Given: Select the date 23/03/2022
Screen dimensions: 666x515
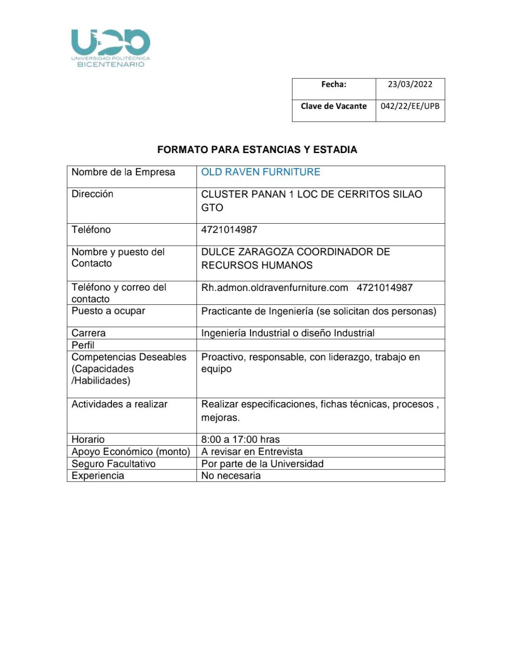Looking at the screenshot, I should (x=410, y=84).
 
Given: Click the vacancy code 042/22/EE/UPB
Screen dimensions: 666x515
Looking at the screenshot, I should (x=410, y=106).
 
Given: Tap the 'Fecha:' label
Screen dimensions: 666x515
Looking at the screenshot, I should (x=334, y=84).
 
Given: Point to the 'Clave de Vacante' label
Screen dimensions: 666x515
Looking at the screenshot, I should (x=334, y=106).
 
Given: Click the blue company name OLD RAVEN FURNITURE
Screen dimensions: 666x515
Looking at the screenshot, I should (x=260, y=172).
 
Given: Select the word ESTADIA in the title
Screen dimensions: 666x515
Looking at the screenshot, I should (x=335, y=150).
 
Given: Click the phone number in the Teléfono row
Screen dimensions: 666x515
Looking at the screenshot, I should (x=229, y=230).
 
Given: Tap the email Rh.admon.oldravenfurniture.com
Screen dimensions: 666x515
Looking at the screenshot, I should (x=274, y=288).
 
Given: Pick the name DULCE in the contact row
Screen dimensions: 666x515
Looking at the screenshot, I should (x=218, y=252).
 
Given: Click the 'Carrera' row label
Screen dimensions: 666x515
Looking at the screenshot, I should (x=89, y=333).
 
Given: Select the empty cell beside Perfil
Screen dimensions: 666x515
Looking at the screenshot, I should (x=320, y=345).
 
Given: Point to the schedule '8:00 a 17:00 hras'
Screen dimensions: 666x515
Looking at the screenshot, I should (x=240, y=440).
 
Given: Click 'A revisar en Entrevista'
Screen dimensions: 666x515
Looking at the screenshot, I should (x=252, y=452).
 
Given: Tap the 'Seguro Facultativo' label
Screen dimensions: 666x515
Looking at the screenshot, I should (x=113, y=464).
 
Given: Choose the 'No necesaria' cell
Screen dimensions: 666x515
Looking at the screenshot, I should (x=231, y=476).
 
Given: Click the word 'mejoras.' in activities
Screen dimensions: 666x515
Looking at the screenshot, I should (x=220, y=418).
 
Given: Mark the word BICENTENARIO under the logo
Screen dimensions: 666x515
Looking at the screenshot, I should (x=111, y=65).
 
